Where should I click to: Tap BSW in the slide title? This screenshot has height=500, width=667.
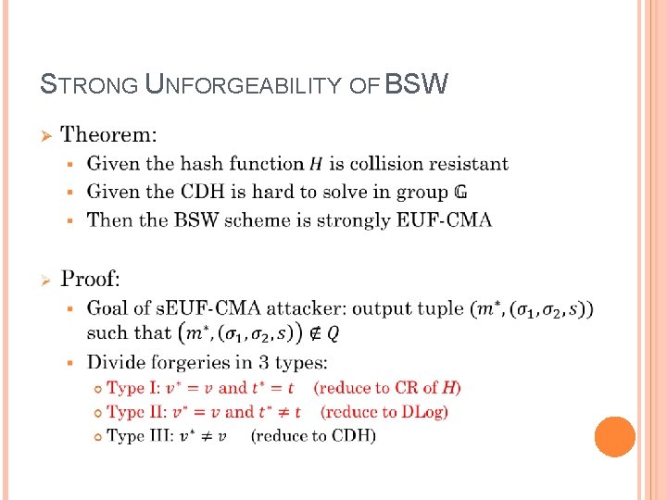tap(416, 85)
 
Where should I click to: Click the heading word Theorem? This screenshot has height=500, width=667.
tap(108, 135)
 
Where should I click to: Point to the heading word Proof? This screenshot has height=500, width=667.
tap(90, 279)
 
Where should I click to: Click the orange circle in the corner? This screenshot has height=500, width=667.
tap(614, 436)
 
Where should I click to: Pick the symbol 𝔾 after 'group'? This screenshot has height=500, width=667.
tap(460, 193)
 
